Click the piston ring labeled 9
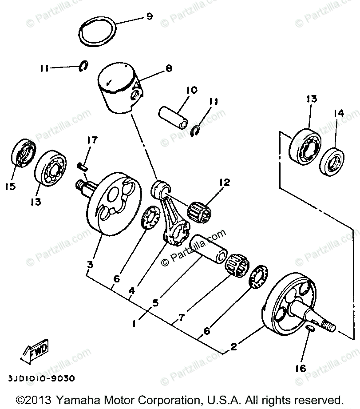point(98,31)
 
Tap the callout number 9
point(149,16)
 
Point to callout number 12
point(224,183)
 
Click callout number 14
point(339,114)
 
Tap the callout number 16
point(303,369)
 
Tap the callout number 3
point(90,265)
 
